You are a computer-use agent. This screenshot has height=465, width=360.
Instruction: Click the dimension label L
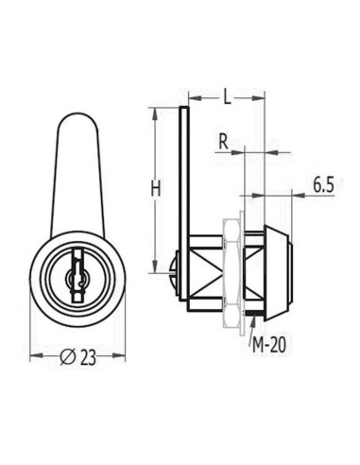click(x=227, y=96)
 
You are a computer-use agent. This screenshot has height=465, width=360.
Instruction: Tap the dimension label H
click(x=155, y=189)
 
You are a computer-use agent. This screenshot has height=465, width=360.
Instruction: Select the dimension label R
click(x=223, y=142)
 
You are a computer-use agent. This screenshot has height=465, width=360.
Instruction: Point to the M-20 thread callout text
click(x=269, y=345)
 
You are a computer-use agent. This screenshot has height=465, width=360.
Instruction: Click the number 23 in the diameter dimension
click(x=88, y=357)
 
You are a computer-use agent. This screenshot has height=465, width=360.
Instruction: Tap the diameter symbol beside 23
click(x=68, y=357)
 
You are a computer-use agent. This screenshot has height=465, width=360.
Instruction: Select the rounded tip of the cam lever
click(x=77, y=117)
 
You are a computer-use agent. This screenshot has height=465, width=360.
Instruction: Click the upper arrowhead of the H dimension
click(x=154, y=113)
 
